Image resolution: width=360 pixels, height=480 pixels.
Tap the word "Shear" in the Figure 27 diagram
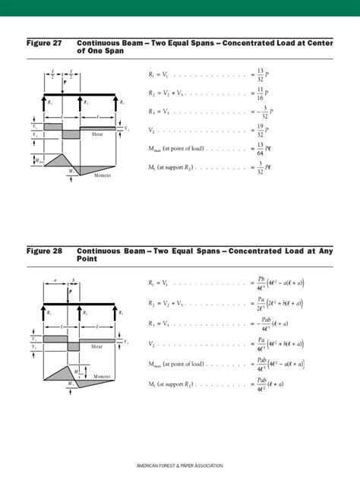(97, 134)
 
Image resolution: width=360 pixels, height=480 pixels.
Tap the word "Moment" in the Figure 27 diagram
(102, 175)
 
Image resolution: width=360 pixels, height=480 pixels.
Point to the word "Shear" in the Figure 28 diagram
(97, 346)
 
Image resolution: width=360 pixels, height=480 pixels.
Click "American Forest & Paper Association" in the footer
(179, 465)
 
